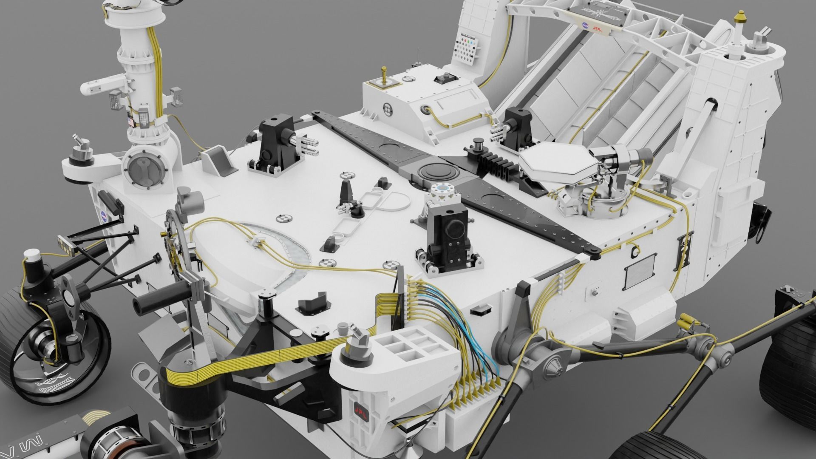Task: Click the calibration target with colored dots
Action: click(x=467, y=46)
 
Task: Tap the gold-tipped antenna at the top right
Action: click(x=740, y=18)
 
